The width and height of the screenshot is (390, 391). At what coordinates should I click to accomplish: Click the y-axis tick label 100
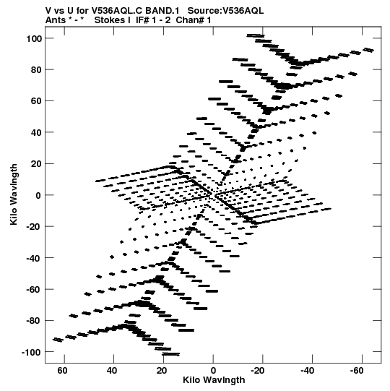[x=34, y=38]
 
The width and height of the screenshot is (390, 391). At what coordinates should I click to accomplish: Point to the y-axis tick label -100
[x=31, y=353]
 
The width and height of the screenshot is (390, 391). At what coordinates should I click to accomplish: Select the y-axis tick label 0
[x=38, y=195]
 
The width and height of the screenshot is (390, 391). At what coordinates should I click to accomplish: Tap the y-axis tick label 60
[x=36, y=101]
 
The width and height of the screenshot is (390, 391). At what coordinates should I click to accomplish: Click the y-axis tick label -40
[x=34, y=258]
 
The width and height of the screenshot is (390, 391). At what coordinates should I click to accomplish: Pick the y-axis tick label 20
[x=36, y=164]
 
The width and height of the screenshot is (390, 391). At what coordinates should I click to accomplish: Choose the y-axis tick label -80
[x=34, y=321]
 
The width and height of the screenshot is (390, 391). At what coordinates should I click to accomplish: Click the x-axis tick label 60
[x=63, y=371]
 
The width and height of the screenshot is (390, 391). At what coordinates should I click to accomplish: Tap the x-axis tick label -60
[x=357, y=371]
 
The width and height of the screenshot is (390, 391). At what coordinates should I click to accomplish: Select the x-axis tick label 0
[x=213, y=371]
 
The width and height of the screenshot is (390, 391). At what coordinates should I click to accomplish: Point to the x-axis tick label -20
[x=258, y=371]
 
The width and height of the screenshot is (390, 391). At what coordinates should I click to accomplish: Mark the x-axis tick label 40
[x=112, y=371]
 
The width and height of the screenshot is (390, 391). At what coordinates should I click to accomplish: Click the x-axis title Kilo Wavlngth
[x=214, y=380]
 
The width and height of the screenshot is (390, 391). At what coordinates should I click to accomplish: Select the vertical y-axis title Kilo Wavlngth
[x=14, y=194]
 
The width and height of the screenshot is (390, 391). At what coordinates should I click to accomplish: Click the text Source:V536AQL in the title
[x=225, y=11]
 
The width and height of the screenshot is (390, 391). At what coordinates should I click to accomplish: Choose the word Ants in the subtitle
[x=56, y=20]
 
